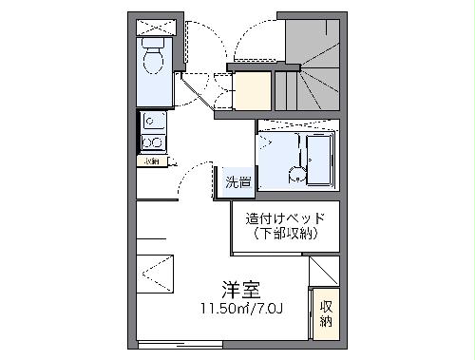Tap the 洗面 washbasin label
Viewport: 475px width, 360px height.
[x=238, y=182]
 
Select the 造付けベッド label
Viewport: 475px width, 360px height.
[x=284, y=218]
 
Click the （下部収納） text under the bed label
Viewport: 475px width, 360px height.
[x=284, y=233]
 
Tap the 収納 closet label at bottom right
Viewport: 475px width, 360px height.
[x=326, y=313]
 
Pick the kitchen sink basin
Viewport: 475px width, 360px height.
[x=154, y=121]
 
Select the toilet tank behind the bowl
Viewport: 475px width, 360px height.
[x=153, y=43]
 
